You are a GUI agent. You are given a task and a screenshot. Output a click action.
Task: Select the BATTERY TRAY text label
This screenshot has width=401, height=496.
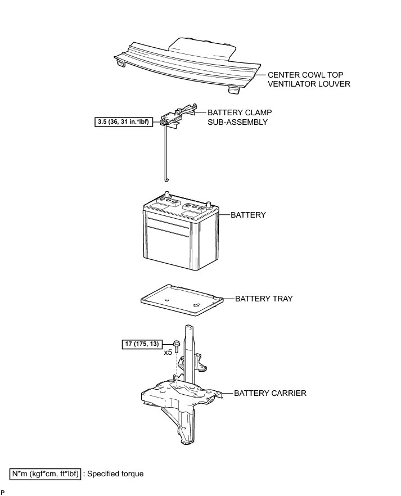[264, 299]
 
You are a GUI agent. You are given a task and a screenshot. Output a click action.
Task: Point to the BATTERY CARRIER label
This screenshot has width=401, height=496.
[271, 393]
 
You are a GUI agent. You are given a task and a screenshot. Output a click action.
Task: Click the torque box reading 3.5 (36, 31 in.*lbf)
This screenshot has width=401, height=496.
[124, 121]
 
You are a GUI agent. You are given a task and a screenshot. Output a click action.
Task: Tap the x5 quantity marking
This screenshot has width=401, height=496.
[168, 353]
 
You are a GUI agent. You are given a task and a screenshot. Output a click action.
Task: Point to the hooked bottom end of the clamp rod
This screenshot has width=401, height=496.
[166, 179]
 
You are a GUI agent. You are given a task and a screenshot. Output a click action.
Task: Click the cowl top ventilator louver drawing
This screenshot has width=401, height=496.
[186, 62]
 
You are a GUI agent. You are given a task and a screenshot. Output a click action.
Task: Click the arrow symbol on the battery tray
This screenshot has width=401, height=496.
[197, 305]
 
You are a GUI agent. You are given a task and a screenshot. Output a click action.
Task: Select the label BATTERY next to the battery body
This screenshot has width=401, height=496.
[248, 215]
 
